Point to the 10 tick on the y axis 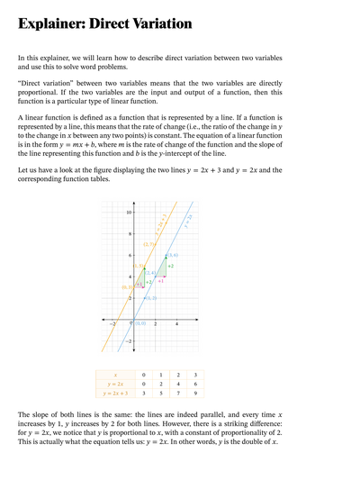129,213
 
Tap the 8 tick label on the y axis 130,234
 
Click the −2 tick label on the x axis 112,324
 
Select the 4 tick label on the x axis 176,324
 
